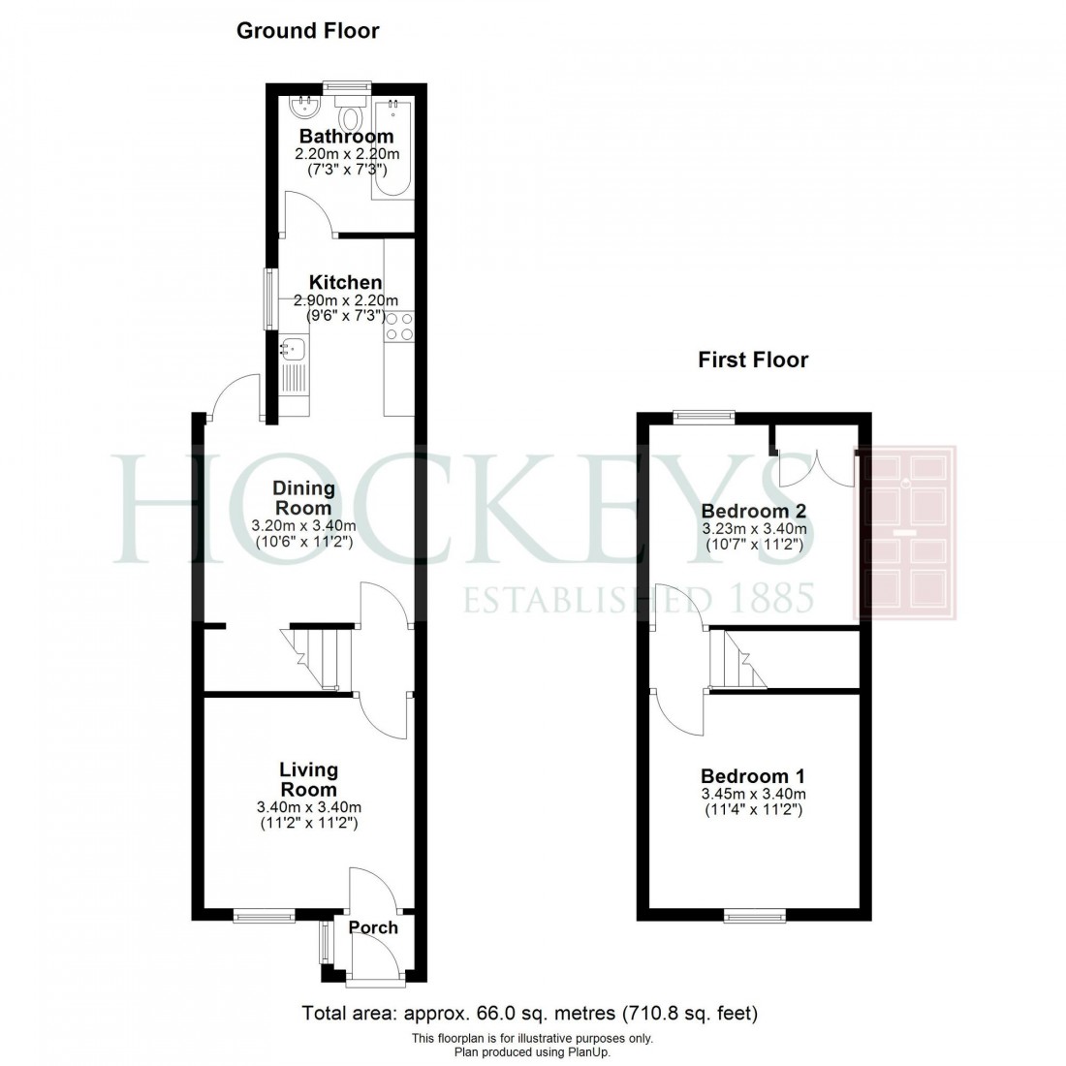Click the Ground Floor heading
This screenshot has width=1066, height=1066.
coord(308,31)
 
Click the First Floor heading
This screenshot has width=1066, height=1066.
coord(753,361)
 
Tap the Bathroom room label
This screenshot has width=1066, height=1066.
coord(346,136)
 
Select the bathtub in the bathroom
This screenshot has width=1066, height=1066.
coord(392,149)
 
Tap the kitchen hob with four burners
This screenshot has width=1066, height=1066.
coord(399,327)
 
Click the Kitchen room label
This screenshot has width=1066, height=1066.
coord(346,283)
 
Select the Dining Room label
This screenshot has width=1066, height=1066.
coord(303,498)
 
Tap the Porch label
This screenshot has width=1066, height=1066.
coord(373,927)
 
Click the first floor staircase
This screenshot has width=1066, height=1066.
coord(736,660)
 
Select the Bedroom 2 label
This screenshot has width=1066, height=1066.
coord(754,511)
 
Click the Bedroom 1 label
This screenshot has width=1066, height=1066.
coord(753,776)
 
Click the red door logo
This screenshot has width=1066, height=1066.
coord(905,532)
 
